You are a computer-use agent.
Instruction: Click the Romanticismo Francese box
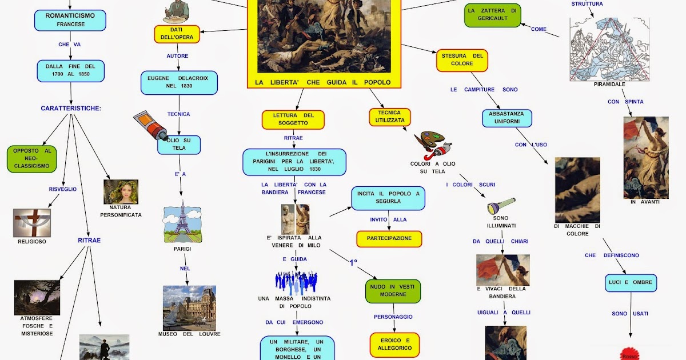click(70, 20)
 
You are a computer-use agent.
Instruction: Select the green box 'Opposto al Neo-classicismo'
click(32, 158)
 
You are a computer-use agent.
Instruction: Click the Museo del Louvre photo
click(189, 307)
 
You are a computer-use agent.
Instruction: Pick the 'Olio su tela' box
click(179, 145)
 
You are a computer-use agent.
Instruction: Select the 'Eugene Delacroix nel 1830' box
click(179, 82)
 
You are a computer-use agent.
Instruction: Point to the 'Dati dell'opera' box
click(177, 34)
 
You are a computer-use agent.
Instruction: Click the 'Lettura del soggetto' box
click(293, 119)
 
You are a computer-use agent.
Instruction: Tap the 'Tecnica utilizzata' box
click(390, 117)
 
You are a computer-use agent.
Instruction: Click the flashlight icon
click(501, 206)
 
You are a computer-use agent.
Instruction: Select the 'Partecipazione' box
click(389, 238)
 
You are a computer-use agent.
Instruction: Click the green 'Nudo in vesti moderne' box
click(393, 291)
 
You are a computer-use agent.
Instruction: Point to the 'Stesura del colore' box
click(462, 60)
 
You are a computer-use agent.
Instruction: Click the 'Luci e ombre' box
click(631, 283)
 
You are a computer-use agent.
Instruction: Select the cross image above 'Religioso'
click(32, 223)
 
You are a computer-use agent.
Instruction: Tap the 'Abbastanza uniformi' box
click(507, 118)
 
